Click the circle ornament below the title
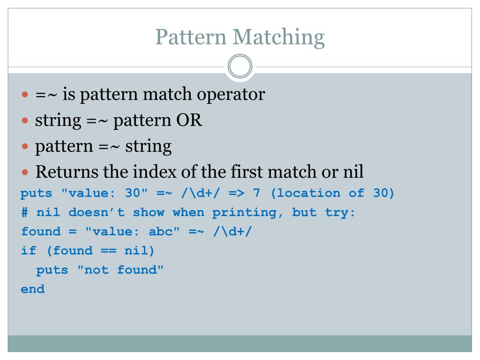coord(240,67)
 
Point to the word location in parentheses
coord(319,193)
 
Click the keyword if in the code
coord(29,251)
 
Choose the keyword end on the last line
coord(33,289)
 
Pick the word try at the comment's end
coord(340,212)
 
